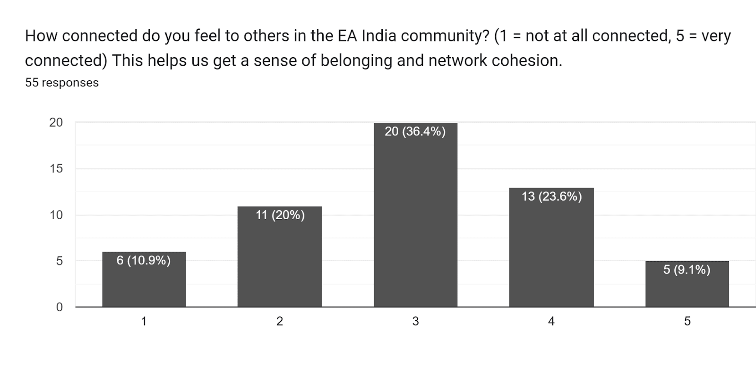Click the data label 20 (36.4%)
pos(415,131)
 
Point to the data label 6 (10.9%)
pos(144,260)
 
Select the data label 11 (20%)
pos(280,215)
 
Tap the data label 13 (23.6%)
pos(551,196)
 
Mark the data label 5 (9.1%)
pos(687,270)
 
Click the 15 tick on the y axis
pos(56,169)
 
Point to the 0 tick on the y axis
pos(59,307)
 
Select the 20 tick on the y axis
pos(56,123)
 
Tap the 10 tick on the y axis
pos(56,215)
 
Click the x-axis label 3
pos(415,322)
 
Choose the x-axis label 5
pos(687,322)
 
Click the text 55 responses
pos(62,83)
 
